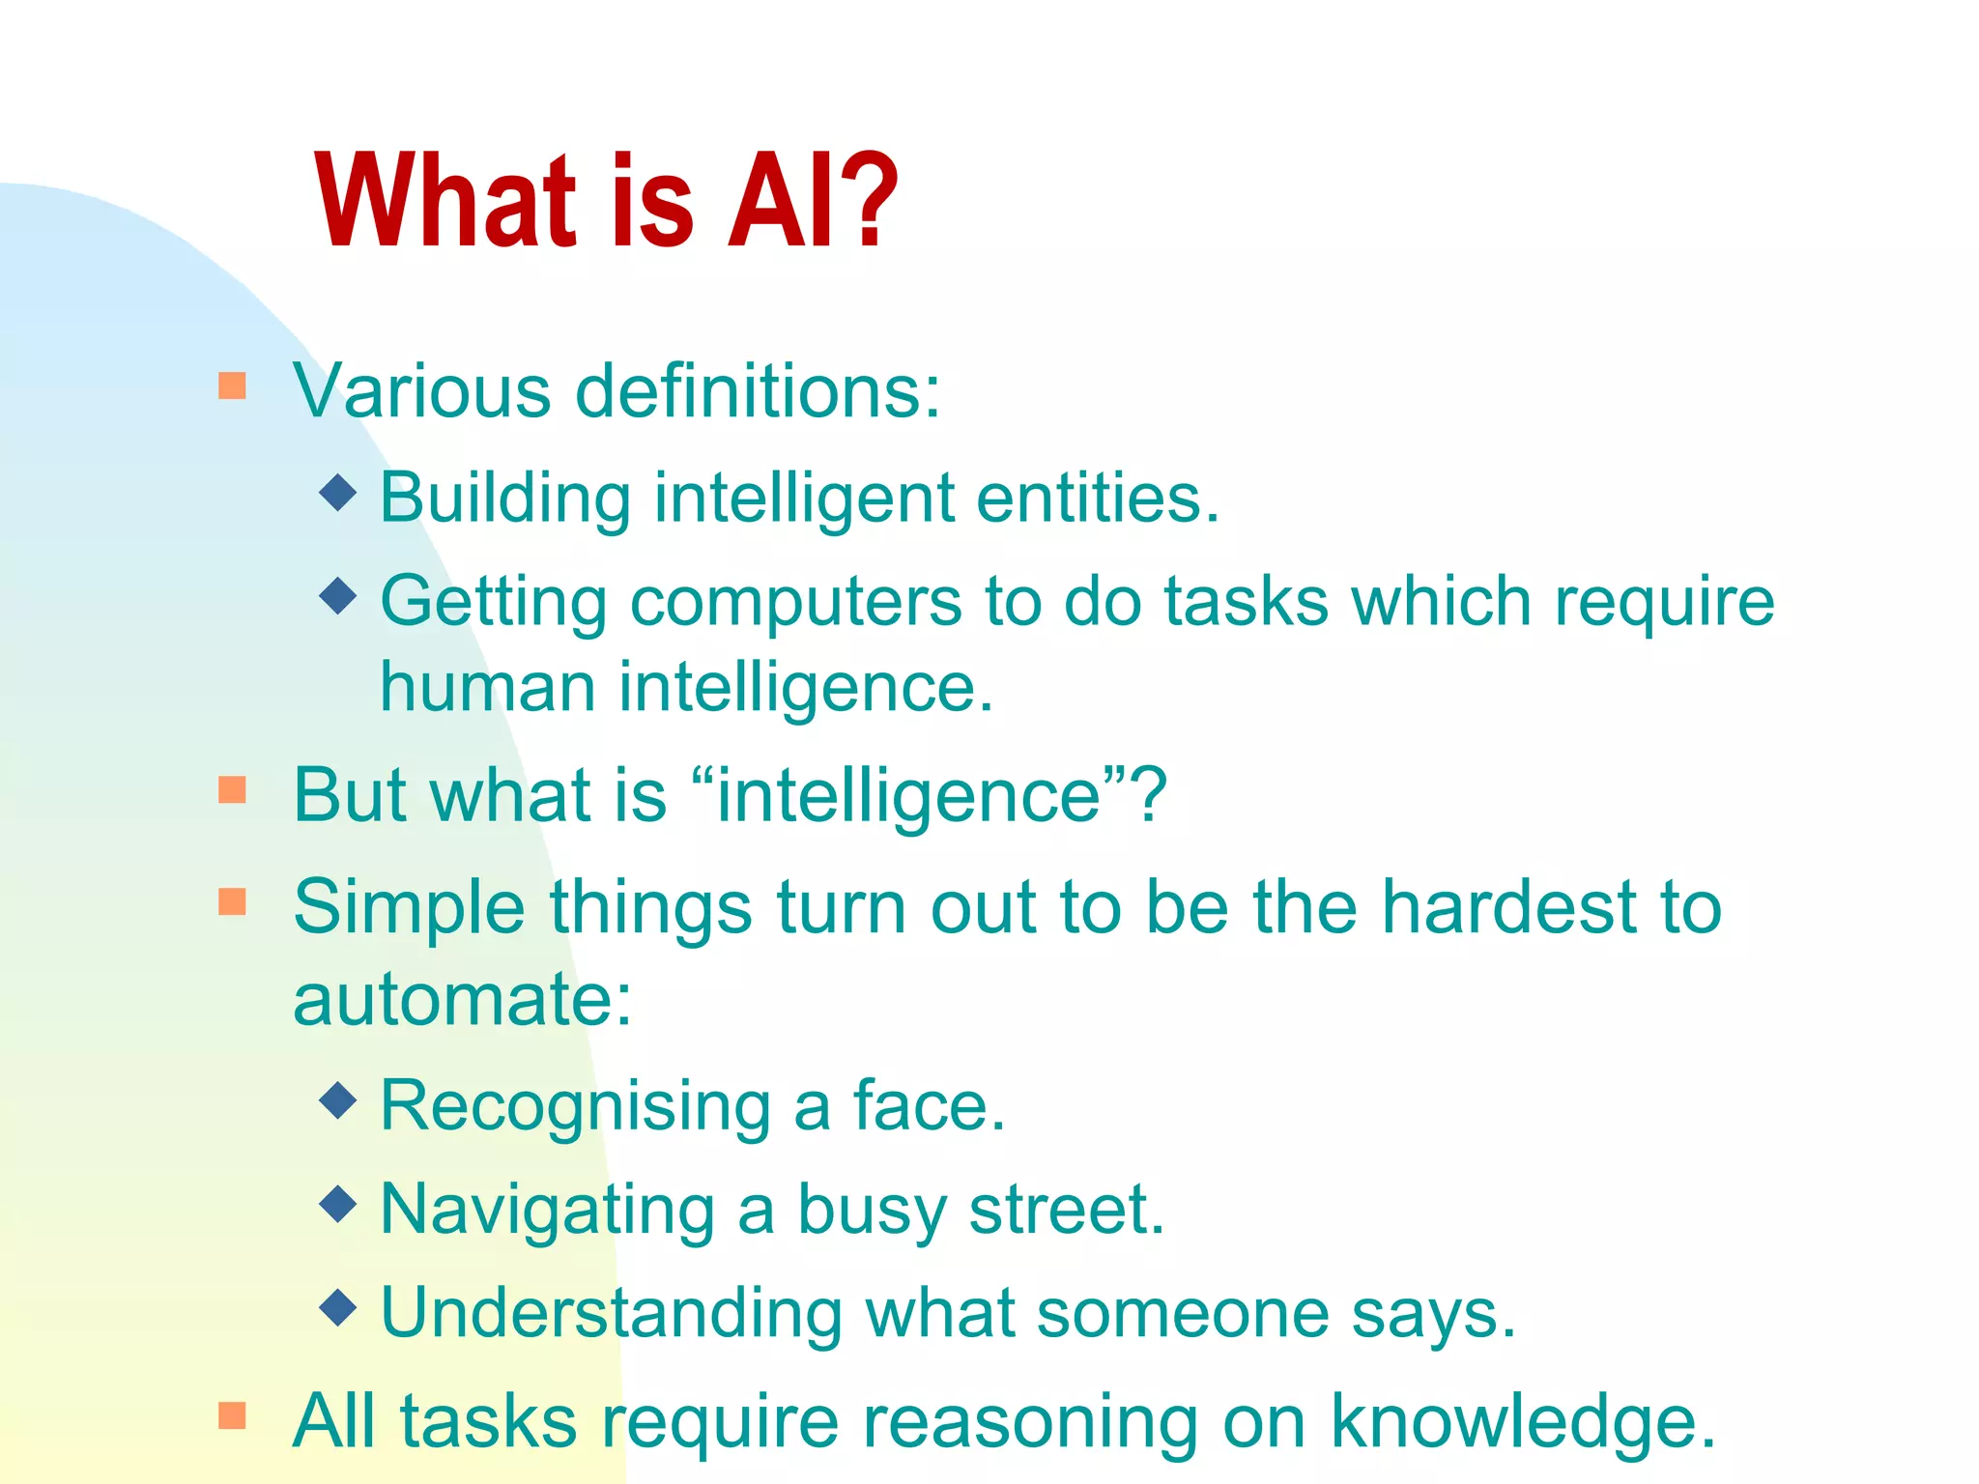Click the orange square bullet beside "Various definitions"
[232, 385]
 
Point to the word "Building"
[505, 499]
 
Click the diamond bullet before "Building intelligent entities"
[338, 492]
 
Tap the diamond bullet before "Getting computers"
[338, 595]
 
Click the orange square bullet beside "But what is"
[232, 789]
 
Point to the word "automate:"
[462, 999]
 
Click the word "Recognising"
[575, 1106]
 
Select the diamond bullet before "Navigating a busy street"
[338, 1203]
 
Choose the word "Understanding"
[612, 1313]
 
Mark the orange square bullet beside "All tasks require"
[232, 1415]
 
